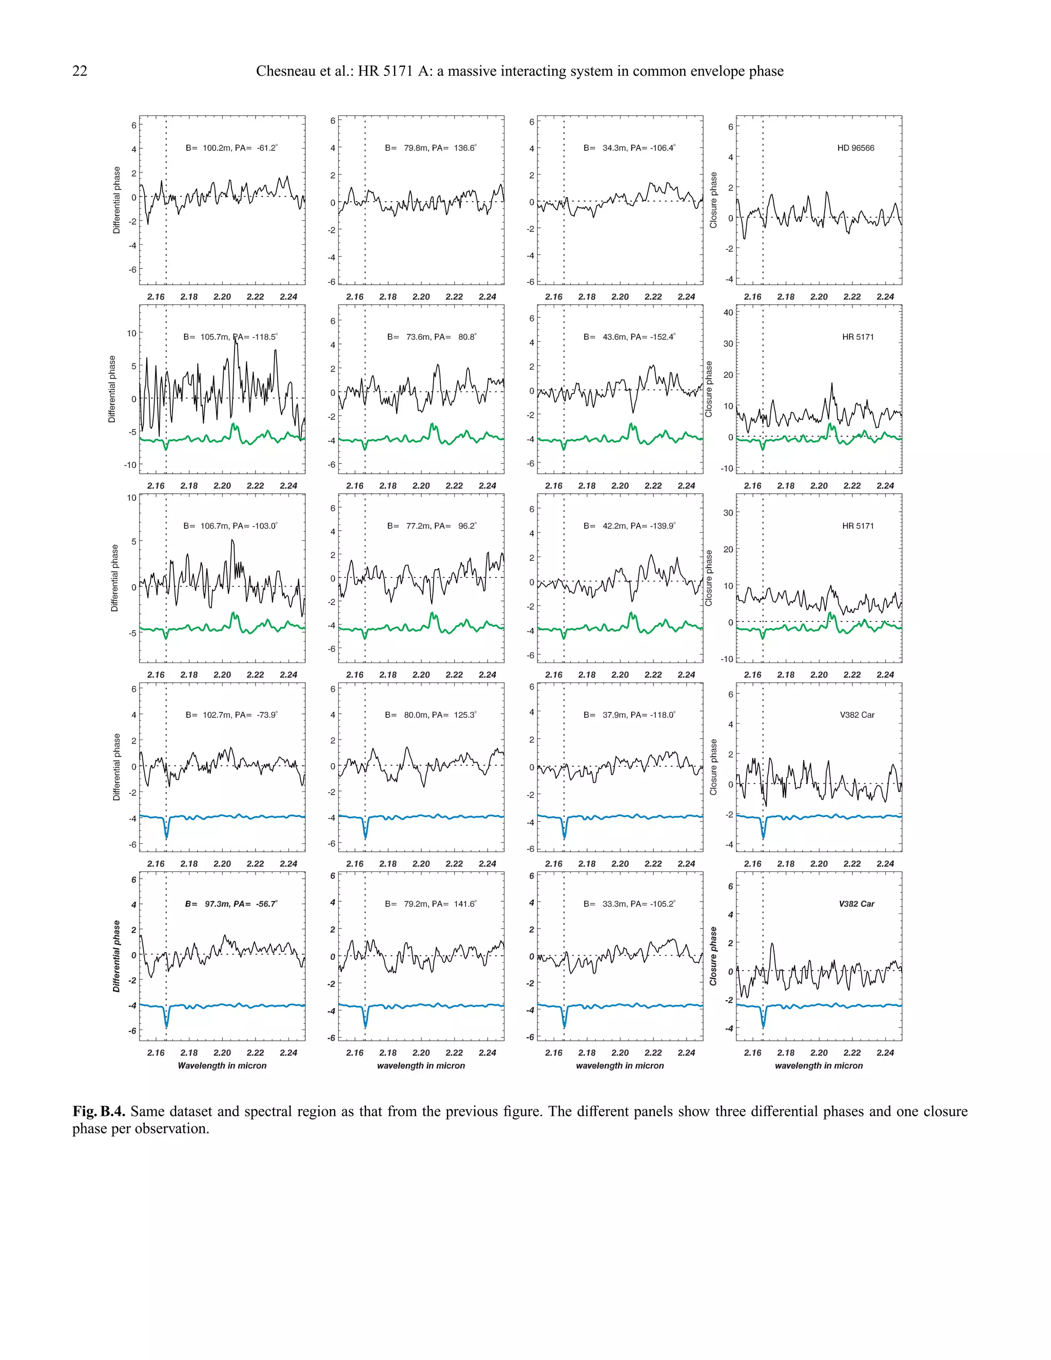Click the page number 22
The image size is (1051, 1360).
tap(80, 71)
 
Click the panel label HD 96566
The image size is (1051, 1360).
tap(855, 148)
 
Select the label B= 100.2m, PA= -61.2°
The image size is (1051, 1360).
tap(231, 148)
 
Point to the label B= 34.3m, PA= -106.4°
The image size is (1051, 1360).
tap(630, 148)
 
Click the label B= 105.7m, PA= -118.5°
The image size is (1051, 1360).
tap(230, 337)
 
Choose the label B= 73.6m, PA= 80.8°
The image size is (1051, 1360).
tap(432, 337)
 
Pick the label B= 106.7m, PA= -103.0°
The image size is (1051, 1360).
tap(230, 526)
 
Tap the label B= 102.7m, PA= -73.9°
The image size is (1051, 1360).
tap(231, 715)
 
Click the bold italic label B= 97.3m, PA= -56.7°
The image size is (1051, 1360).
tap(231, 904)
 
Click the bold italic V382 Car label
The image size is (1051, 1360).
tap(856, 904)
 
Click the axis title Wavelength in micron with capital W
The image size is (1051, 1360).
tap(222, 1065)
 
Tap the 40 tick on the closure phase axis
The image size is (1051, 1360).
tap(728, 313)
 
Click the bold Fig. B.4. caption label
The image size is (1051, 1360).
tap(99, 1112)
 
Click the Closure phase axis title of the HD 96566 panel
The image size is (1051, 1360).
tap(713, 200)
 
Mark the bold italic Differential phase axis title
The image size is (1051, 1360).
tap(116, 956)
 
